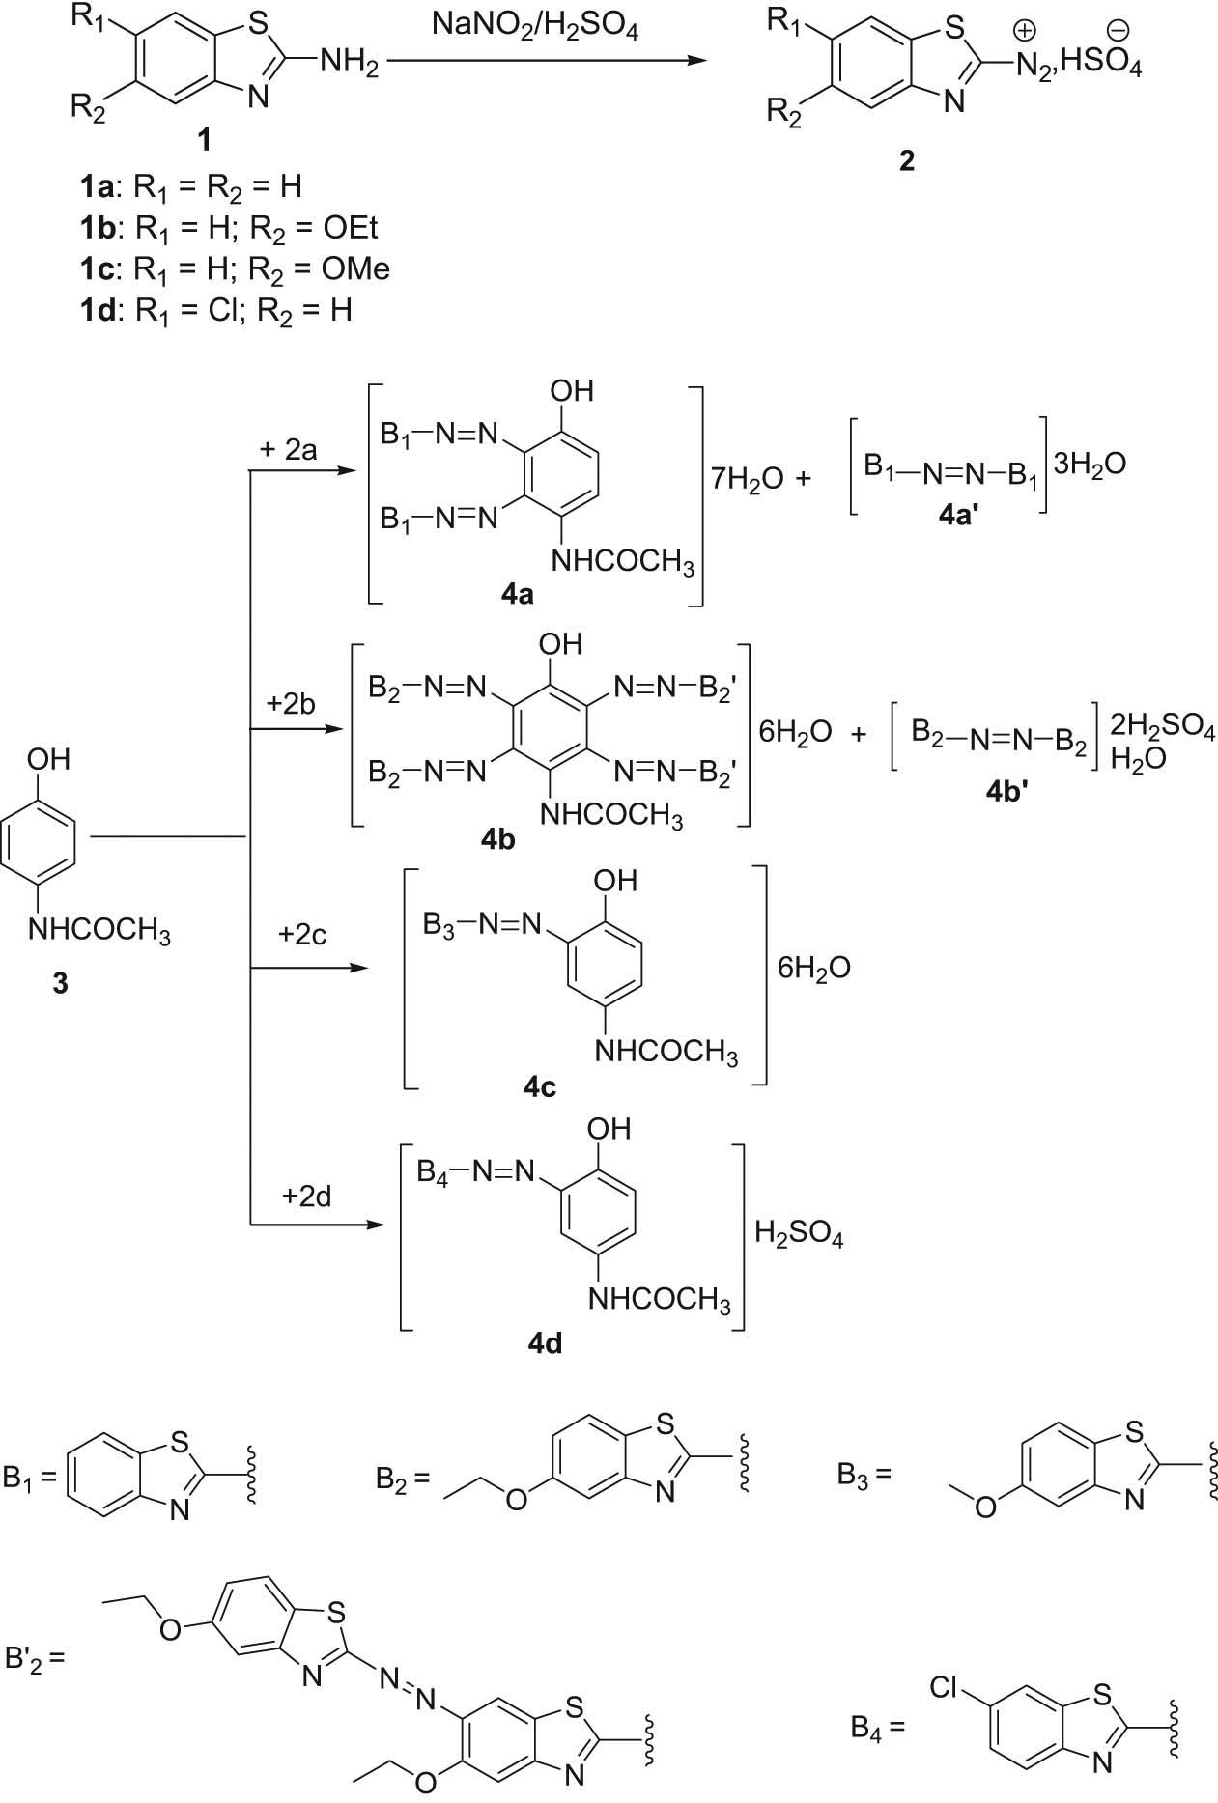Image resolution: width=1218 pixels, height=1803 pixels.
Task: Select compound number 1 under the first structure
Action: [203, 142]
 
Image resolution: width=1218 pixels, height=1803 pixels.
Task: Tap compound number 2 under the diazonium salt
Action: [905, 160]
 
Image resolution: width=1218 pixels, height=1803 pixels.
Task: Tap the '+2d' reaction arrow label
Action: [306, 1197]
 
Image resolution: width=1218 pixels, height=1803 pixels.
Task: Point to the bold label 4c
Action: [540, 1088]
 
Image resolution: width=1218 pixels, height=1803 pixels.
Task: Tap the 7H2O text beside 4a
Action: [747, 480]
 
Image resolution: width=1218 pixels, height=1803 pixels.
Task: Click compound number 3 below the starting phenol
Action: [60, 984]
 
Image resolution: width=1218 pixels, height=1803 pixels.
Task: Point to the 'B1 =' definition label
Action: [32, 1479]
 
